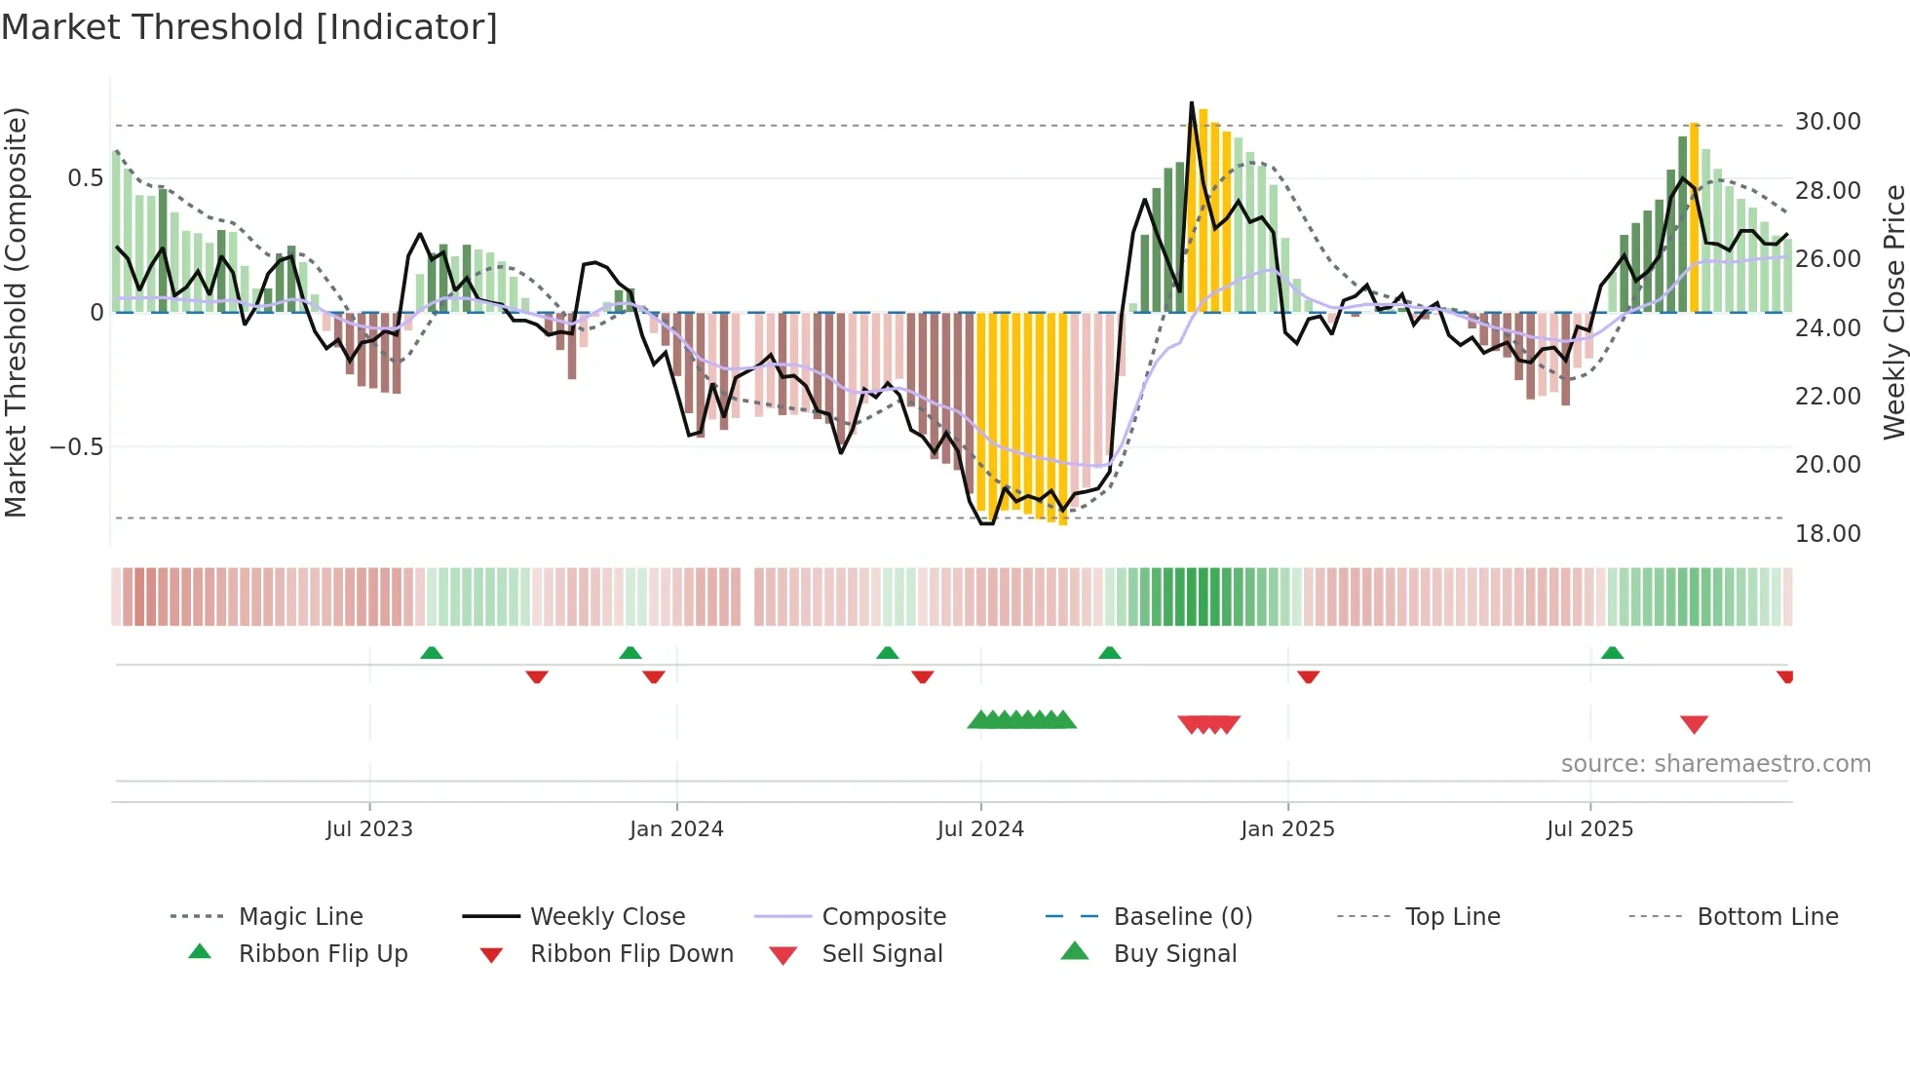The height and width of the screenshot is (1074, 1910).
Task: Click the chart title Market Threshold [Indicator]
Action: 249,27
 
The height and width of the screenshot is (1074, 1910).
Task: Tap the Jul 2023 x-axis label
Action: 369,829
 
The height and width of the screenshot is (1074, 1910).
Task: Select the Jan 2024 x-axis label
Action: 676,829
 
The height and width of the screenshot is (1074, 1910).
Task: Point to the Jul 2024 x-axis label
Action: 980,829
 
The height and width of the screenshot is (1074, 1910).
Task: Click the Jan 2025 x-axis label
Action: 1287,829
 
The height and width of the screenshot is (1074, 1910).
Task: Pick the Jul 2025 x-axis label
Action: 1589,829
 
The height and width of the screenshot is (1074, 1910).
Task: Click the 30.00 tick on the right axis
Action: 1827,122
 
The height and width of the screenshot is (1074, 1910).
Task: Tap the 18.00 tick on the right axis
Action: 1827,534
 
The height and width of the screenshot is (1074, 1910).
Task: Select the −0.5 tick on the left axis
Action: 77,447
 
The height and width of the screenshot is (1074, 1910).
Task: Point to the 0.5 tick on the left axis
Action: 85,178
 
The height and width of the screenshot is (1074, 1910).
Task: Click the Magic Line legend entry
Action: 300,917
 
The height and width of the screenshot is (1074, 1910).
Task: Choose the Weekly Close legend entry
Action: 607,917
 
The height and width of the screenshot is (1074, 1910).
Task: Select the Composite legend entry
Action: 883,917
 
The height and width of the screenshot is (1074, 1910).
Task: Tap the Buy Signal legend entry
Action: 1174,954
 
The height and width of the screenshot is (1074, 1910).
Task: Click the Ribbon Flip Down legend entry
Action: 630,954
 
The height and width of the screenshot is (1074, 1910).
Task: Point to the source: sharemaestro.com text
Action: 1715,764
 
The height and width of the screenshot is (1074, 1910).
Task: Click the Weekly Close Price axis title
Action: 1893,312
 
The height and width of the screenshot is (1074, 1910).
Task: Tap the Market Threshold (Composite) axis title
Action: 16,312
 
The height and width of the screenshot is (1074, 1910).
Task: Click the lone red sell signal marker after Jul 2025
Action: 1694,724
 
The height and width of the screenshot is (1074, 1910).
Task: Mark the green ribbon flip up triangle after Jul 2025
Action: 1612,653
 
